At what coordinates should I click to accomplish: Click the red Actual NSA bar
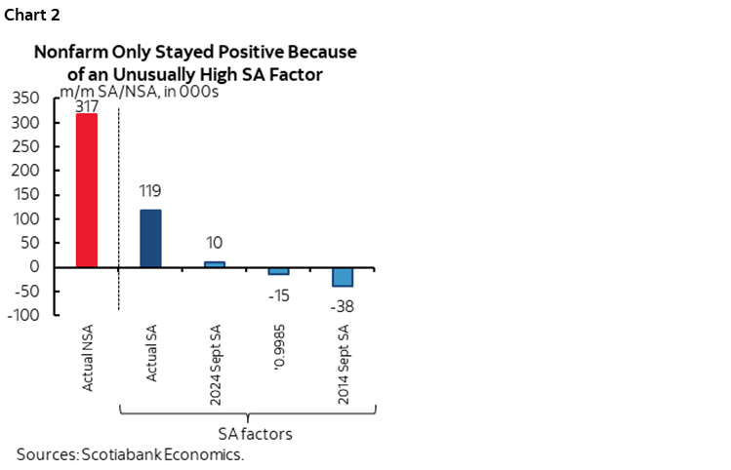coord(87,190)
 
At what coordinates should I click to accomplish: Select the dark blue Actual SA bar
coord(150,238)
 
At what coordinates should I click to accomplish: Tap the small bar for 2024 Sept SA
coord(215,264)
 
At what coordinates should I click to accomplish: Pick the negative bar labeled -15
coord(278,271)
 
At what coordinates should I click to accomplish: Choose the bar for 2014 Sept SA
coord(342,277)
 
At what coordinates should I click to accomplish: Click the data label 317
coord(87,105)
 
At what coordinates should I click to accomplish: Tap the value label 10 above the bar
coord(215,244)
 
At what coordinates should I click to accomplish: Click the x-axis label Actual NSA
coord(88,362)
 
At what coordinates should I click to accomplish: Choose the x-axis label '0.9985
coord(279,353)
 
